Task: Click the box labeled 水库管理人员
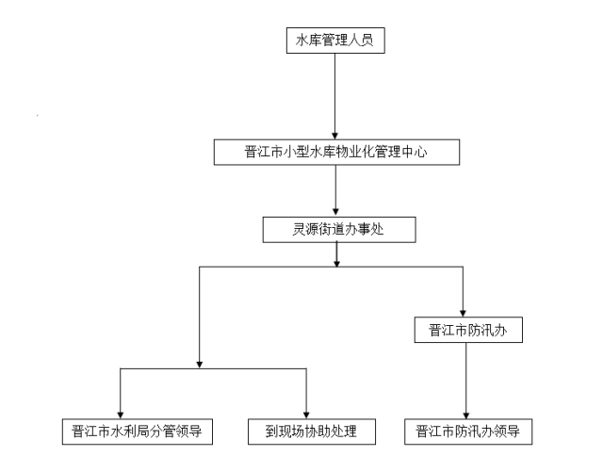(335, 41)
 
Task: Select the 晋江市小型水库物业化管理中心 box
(336, 153)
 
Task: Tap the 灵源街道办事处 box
(339, 230)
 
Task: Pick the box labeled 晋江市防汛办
(468, 330)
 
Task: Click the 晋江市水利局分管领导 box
(138, 431)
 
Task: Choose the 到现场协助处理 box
(312, 431)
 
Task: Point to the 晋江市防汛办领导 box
(468, 431)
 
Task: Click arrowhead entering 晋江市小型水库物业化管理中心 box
(335, 136)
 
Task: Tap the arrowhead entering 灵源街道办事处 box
(335, 213)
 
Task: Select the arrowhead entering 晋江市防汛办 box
(463, 313)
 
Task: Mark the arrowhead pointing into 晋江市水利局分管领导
(121, 415)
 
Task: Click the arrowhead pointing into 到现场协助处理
(306, 415)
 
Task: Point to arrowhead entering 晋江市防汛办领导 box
(466, 415)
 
